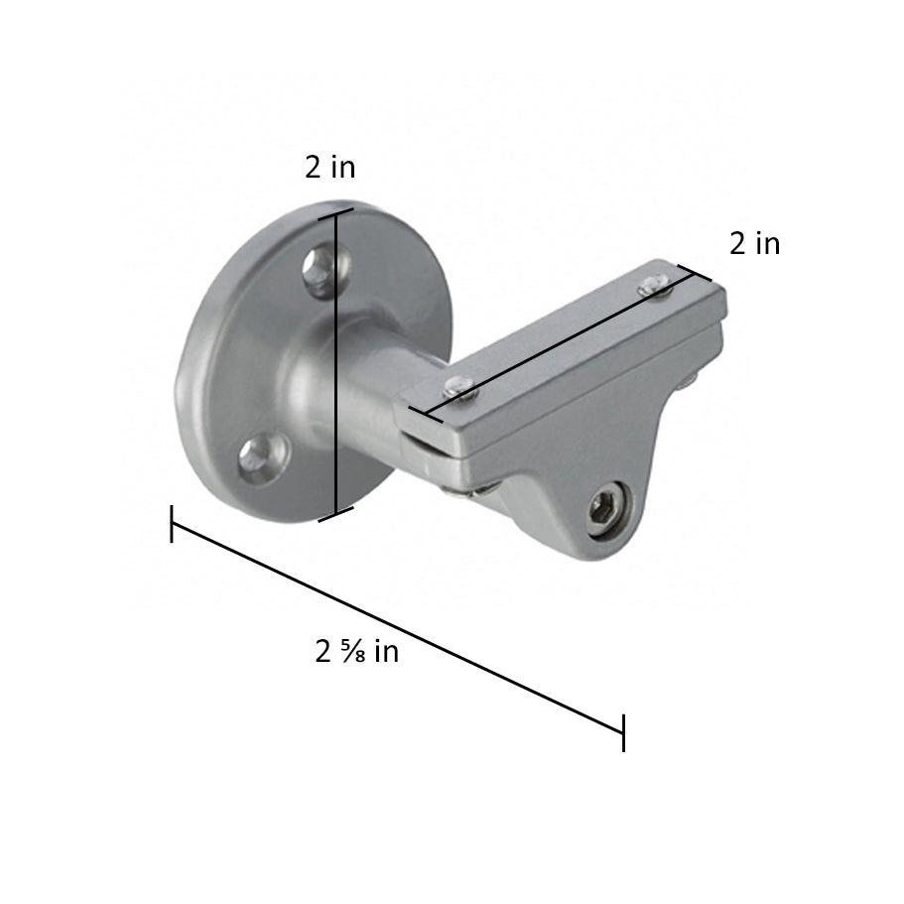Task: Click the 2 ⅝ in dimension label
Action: (x=357, y=652)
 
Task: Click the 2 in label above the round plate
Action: (x=329, y=167)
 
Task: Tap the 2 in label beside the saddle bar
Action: (x=754, y=243)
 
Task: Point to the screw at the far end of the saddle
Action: (x=651, y=285)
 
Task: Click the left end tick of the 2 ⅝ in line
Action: (x=172, y=523)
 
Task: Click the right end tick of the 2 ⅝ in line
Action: (x=623, y=732)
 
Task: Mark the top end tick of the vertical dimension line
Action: (x=335, y=212)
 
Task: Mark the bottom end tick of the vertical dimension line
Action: (x=335, y=514)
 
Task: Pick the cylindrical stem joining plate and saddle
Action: (x=367, y=397)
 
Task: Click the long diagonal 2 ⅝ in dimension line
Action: (x=397, y=627)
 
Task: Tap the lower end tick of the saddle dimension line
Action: (x=425, y=415)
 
